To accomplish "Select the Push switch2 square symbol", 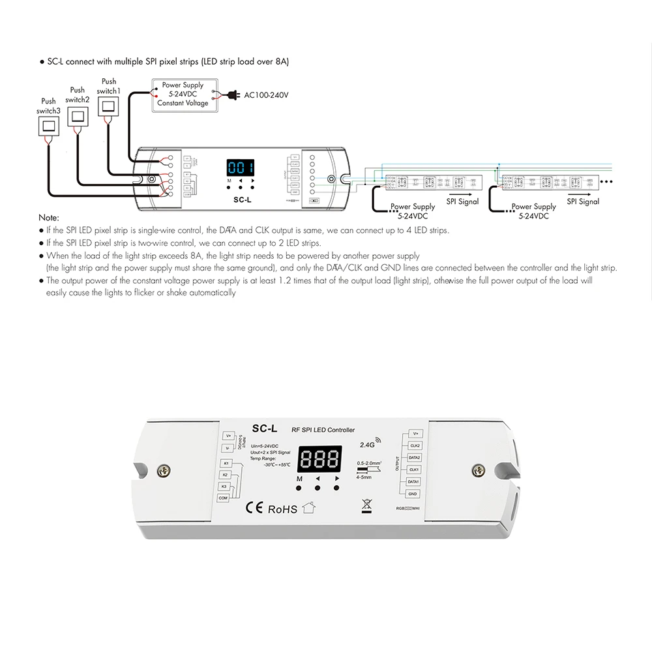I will [x=78, y=117].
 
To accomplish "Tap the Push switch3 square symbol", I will [x=48, y=126].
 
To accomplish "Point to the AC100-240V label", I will [x=266, y=95].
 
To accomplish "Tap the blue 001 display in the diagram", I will [x=239, y=166].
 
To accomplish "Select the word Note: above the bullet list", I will [x=49, y=217].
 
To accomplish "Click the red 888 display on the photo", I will [x=318, y=460].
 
